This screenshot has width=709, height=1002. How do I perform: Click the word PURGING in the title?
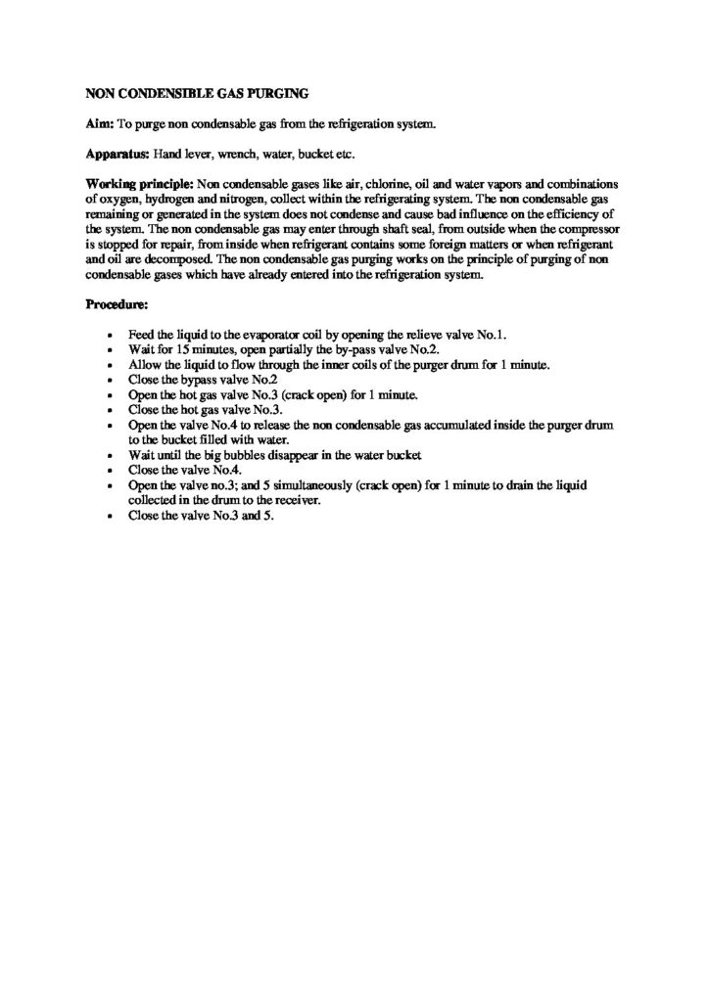[x=278, y=94]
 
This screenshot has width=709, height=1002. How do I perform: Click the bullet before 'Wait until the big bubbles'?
[x=119, y=455]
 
